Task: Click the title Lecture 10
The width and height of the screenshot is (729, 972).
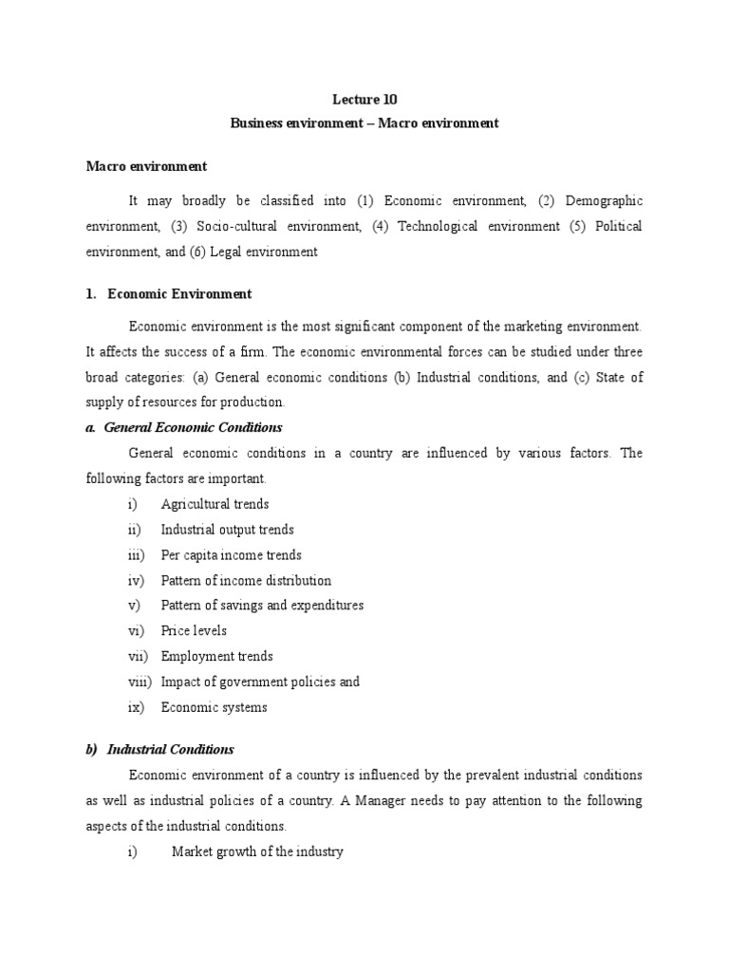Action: click(364, 99)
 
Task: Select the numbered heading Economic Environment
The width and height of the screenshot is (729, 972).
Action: click(179, 294)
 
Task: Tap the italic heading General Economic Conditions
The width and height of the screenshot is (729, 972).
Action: click(193, 427)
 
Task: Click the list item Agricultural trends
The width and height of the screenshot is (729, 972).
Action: click(215, 504)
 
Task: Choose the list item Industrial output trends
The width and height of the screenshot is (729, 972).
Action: click(227, 530)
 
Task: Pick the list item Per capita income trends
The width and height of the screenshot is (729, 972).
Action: click(231, 555)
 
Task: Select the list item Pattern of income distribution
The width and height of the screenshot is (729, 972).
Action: click(246, 580)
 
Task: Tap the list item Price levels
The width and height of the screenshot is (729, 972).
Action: click(194, 630)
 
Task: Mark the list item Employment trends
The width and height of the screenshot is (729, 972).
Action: click(216, 656)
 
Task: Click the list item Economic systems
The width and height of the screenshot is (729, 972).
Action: click(214, 707)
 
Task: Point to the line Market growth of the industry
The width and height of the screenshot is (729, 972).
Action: click(256, 851)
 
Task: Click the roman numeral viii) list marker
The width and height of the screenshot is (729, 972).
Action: click(140, 682)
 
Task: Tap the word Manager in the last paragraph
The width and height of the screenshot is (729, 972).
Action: click(467, 800)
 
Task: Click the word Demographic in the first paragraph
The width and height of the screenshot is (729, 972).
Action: click(604, 200)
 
